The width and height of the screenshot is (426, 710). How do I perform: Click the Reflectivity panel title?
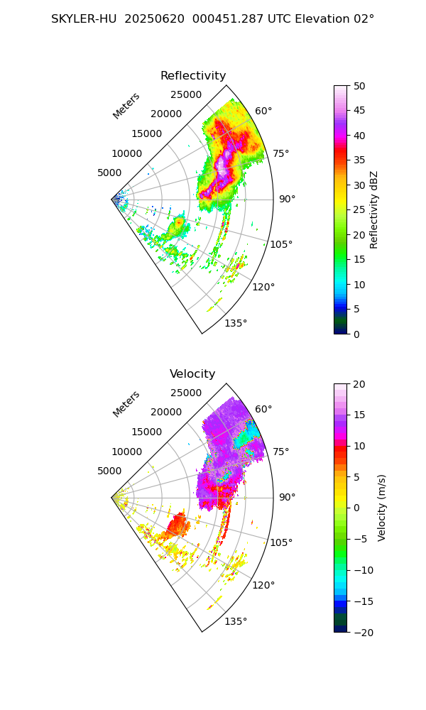(193, 76)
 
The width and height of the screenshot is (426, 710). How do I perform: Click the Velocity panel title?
(192, 374)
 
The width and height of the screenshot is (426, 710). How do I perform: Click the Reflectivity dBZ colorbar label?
(374, 209)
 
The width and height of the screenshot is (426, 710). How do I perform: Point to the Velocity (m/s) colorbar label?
(382, 508)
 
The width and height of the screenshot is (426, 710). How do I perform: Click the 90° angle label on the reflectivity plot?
(287, 200)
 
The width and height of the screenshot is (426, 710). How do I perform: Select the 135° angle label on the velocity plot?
(236, 621)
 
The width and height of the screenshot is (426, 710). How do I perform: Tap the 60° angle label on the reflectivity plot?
(263, 111)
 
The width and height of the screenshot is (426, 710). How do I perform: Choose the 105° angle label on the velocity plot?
(281, 542)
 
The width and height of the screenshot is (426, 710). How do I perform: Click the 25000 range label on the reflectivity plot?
(186, 95)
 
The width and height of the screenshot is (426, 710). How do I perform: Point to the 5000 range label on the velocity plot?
(109, 471)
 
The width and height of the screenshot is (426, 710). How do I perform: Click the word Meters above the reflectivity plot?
(126, 106)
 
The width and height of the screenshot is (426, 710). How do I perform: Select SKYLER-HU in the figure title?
(84, 19)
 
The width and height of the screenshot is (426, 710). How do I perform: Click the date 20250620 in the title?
(153, 19)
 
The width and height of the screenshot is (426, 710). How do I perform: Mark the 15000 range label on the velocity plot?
(146, 432)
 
